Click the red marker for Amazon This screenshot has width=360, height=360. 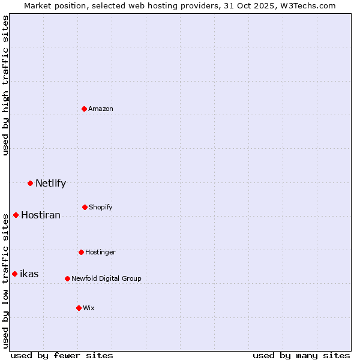tap(85, 109)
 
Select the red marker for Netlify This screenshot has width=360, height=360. tap(30, 183)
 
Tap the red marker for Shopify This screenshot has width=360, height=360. tap(85, 207)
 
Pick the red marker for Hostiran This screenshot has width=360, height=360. tap(16, 215)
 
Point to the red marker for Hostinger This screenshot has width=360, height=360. tap(81, 252)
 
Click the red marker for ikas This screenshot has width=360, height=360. tap(14, 274)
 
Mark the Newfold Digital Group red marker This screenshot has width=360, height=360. tap(67, 278)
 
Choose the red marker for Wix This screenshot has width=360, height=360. tap(79, 308)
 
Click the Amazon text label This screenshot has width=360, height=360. tap(101, 109)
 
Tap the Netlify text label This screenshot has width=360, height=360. tap(50, 183)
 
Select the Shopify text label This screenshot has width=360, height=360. tap(101, 207)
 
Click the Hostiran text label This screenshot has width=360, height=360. tap(41, 215)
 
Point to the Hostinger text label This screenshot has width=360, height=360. tap(100, 252)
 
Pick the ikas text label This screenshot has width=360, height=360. tap(29, 274)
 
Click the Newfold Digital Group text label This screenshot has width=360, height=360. tap(106, 278)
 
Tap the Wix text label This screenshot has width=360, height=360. tap(89, 308)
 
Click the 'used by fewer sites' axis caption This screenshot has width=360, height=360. tap(62, 355)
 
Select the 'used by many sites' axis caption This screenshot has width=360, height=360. tap(301, 355)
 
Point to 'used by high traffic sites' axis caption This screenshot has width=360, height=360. tap(5, 86)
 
